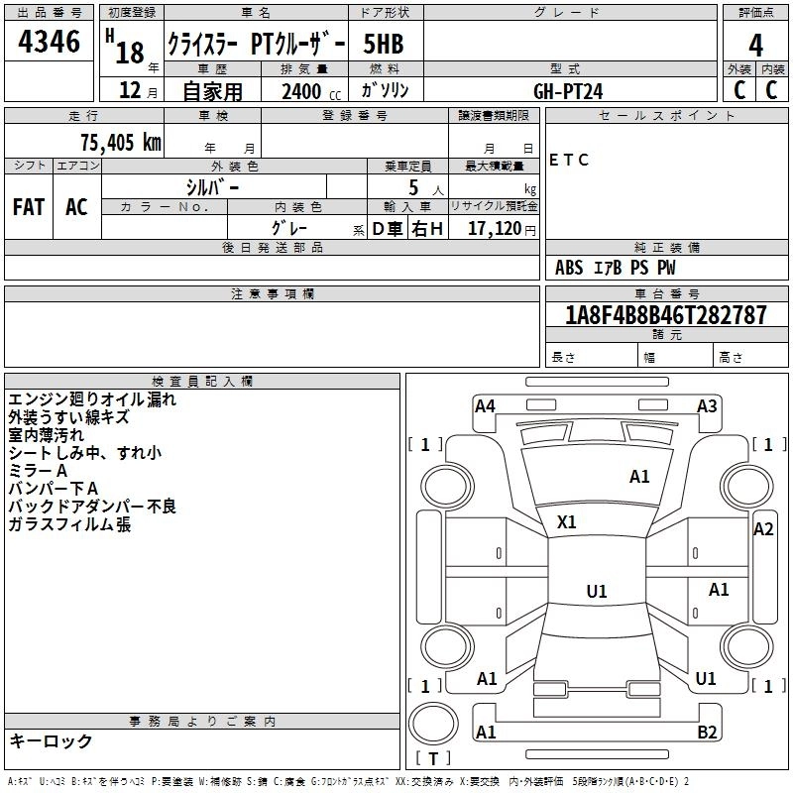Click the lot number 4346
[50, 44]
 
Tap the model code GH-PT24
[568, 91]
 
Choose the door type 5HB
[383, 45]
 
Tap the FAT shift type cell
[28, 206]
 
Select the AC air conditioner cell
[76, 206]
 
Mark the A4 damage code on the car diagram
[485, 405]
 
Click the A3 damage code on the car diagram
[707, 405]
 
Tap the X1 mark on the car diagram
[567, 521]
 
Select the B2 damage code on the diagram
[707, 733]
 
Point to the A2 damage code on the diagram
[763, 529]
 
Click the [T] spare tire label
[432, 758]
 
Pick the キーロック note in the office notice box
[51, 741]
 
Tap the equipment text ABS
[569, 268]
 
